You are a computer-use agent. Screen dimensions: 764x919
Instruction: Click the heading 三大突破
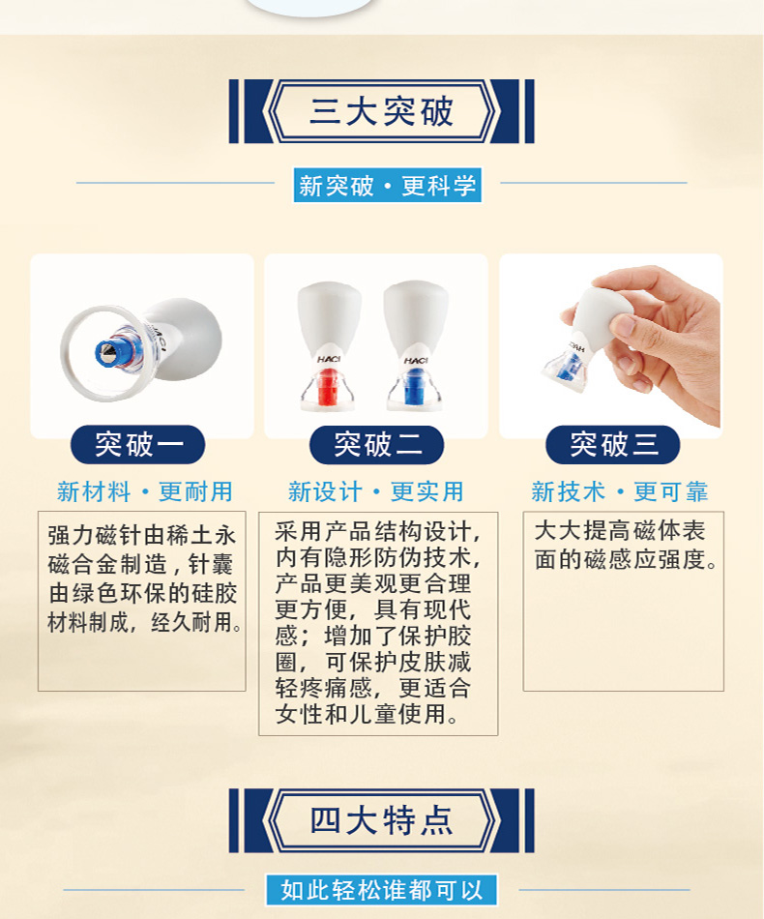tap(381, 111)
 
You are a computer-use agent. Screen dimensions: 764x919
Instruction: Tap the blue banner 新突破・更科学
tap(387, 185)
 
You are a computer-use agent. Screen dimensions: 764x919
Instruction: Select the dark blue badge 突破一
tap(137, 444)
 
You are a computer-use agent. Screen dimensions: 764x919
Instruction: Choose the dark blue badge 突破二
tap(377, 444)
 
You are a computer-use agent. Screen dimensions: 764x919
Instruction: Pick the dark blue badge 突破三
tap(613, 444)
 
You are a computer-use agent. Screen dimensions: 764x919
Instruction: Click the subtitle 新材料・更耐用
tap(145, 491)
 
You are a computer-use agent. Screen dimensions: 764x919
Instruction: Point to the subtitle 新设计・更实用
tap(376, 491)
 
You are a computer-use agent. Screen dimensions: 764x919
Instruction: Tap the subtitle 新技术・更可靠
tap(620, 491)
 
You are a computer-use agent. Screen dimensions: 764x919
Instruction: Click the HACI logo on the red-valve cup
tap(328, 359)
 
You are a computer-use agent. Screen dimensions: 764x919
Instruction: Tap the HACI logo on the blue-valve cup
tap(416, 360)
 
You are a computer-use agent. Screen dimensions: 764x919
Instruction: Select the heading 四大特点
tap(381, 820)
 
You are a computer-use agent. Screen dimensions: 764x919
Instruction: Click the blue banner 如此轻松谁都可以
tap(381, 890)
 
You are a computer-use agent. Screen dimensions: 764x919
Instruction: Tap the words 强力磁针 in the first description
tap(96, 535)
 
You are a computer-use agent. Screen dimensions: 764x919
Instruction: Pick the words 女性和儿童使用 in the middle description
tap(361, 714)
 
